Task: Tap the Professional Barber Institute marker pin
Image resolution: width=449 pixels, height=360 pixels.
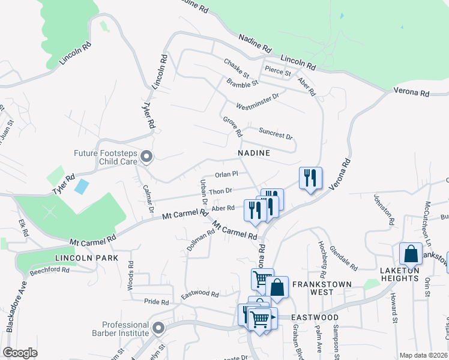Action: (x=158, y=328)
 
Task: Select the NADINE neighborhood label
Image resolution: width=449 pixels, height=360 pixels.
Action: (x=254, y=154)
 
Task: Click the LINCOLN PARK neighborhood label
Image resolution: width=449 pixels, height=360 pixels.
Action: (x=86, y=257)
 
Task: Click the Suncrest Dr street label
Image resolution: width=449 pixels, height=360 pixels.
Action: (x=276, y=133)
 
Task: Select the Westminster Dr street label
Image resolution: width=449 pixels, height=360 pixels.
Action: (x=258, y=101)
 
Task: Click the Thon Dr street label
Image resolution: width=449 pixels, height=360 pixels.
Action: (x=220, y=191)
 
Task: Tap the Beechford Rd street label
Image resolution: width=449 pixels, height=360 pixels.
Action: (x=50, y=270)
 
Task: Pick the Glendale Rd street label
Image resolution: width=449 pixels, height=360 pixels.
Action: (x=344, y=260)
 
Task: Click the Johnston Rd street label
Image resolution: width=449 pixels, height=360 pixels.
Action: (x=383, y=209)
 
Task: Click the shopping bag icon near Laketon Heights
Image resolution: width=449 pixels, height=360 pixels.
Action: (x=411, y=254)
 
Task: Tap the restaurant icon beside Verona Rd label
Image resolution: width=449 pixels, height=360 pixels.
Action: (x=310, y=178)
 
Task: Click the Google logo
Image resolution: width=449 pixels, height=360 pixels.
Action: (x=20, y=353)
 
